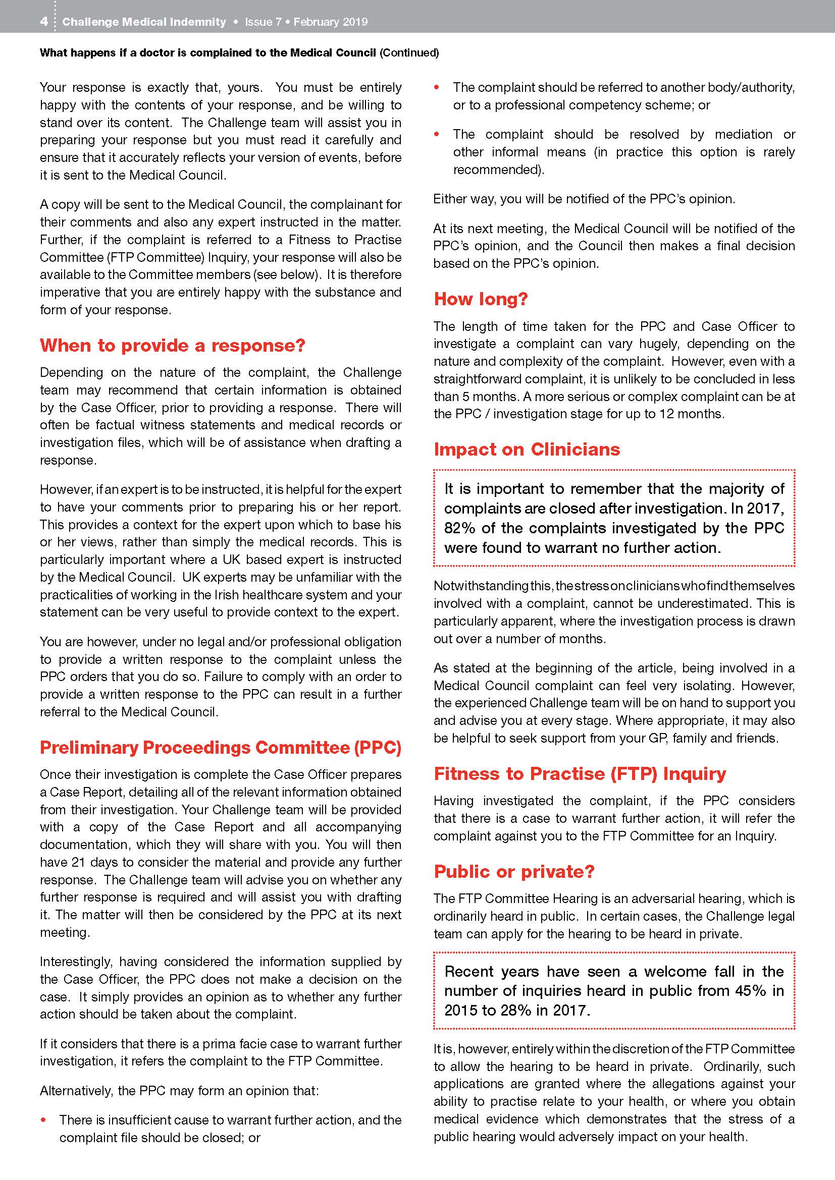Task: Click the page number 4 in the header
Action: [44, 22]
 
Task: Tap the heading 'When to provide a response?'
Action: [172, 346]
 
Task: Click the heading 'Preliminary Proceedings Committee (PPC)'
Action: [220, 747]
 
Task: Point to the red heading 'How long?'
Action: [480, 299]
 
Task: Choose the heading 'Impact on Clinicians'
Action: [527, 449]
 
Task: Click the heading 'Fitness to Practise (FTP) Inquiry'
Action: [580, 773]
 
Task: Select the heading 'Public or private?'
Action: [513, 872]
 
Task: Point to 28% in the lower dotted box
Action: [516, 1010]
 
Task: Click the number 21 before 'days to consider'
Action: [78, 862]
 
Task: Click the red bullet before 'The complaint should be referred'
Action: [437, 87]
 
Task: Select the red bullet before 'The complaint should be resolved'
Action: [437, 134]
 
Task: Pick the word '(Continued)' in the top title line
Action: [409, 53]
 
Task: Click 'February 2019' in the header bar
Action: [331, 22]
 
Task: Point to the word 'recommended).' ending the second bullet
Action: [498, 170]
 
